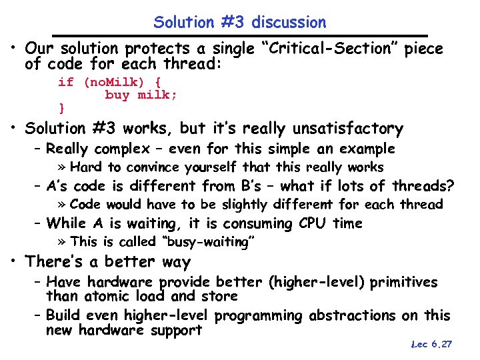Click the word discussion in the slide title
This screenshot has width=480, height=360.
click(x=291, y=22)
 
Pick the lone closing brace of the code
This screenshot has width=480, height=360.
click(x=61, y=107)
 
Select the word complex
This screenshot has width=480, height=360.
click(x=122, y=149)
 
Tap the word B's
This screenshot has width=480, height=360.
click(x=273, y=186)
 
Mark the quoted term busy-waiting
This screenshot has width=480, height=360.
click(x=206, y=242)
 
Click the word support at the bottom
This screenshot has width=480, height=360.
click(x=177, y=330)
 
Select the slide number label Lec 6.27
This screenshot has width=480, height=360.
click(x=431, y=344)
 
